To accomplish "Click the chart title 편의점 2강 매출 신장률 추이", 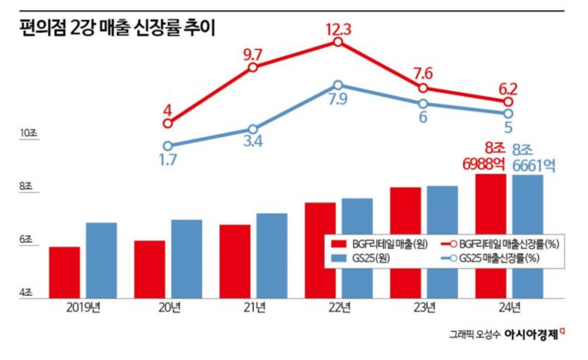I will click(117, 28).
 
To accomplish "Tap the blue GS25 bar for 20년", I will click(187, 259).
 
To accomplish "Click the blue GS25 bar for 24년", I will click(528, 236).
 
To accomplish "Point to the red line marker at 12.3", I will click(338, 41).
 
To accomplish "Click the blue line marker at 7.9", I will click(338, 85).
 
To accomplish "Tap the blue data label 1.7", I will click(168, 160).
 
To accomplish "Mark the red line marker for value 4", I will click(168, 124).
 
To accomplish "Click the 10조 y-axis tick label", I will click(27, 134).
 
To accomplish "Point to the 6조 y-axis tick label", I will click(27, 240).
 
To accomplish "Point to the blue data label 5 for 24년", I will click(508, 127).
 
